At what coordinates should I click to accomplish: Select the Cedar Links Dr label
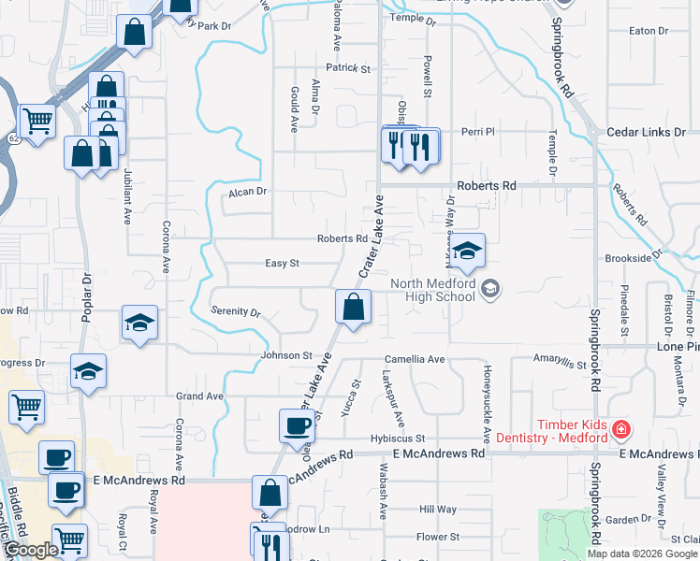coord(646,133)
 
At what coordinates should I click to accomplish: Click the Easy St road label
coord(281,264)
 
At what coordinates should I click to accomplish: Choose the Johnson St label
coord(285,355)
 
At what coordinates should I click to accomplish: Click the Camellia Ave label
coord(415,359)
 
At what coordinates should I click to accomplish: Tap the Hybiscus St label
coord(397,438)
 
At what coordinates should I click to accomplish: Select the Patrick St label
coord(348,68)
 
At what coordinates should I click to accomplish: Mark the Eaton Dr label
coord(649,31)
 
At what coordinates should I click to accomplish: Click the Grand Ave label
coord(199,396)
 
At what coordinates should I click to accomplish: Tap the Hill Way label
coord(438,510)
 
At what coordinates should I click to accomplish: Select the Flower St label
coord(437,537)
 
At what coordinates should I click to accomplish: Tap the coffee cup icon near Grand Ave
coord(298,425)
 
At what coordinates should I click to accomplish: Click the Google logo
coord(31,550)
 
